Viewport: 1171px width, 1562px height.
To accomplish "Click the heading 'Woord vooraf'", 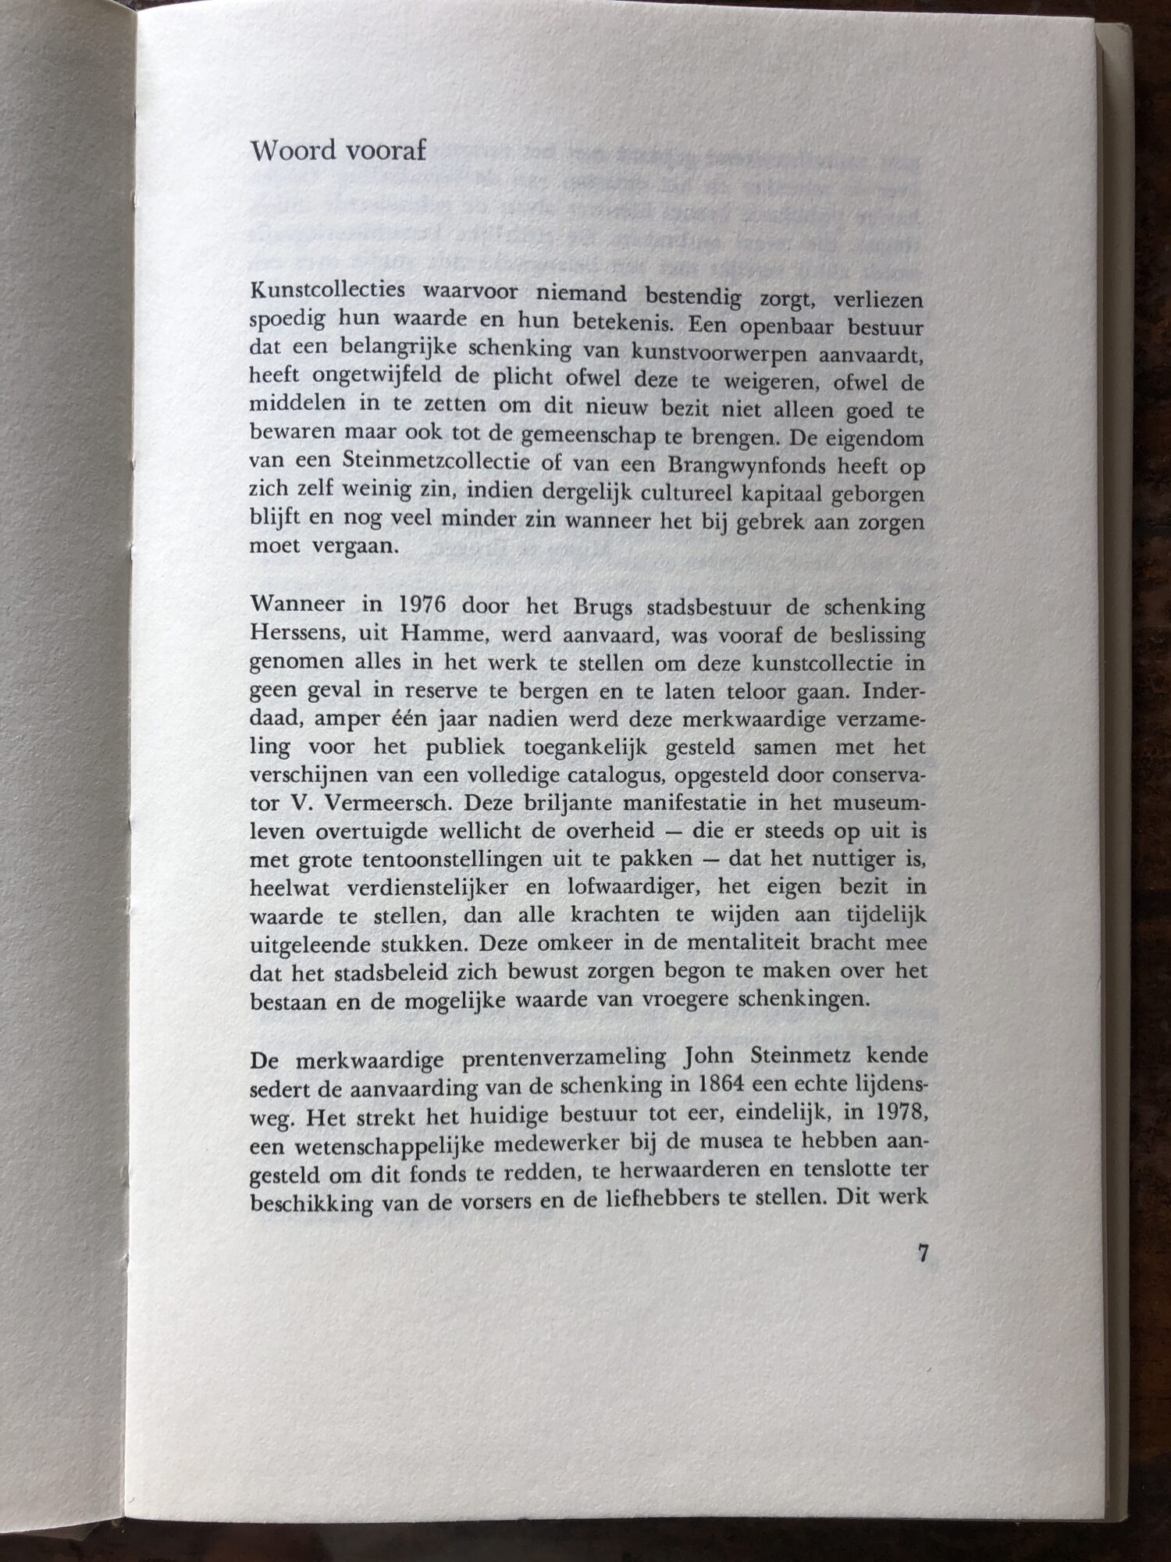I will (x=337, y=150).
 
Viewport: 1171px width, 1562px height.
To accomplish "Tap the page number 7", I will (x=923, y=1254).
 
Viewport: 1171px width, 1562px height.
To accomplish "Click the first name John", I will (x=708, y=1057).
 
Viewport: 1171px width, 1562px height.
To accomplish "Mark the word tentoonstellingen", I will (x=453, y=860).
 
